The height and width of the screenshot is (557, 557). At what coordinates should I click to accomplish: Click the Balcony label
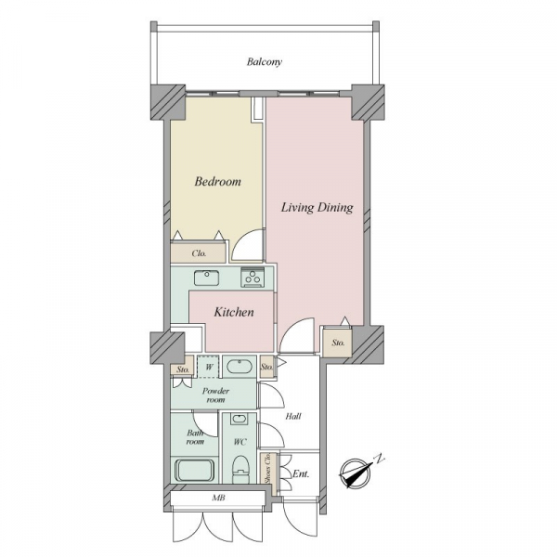coord(265,62)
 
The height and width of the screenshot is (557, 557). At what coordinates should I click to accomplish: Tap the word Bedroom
coord(217,182)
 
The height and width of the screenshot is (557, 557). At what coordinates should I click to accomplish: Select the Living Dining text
coord(317,207)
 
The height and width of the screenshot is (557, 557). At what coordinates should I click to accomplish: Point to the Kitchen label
coord(234,312)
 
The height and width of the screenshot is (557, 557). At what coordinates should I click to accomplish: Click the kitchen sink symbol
coord(206,278)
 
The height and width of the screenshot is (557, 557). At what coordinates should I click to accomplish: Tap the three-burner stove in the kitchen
coord(253,278)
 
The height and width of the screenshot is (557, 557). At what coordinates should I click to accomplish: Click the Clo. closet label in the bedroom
coord(199,253)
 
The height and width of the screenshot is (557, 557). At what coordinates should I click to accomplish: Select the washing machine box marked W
coord(208,367)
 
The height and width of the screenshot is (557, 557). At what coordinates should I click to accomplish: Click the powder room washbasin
coord(240,367)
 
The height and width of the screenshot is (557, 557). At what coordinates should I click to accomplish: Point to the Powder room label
coord(215,395)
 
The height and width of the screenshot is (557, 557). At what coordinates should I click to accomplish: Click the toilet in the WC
coord(240,469)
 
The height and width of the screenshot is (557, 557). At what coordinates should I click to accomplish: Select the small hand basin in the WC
coord(240,419)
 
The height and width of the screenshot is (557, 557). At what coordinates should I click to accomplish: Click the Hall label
coord(293,416)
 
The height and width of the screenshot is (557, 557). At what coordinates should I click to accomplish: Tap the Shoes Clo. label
coord(268,468)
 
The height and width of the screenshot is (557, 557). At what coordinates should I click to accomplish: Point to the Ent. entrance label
coord(301,473)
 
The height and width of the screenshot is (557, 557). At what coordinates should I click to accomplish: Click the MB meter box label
coord(218,498)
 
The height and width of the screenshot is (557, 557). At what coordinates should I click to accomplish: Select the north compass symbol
coord(356,473)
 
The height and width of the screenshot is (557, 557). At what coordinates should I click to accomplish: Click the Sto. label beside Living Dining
coord(338,343)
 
